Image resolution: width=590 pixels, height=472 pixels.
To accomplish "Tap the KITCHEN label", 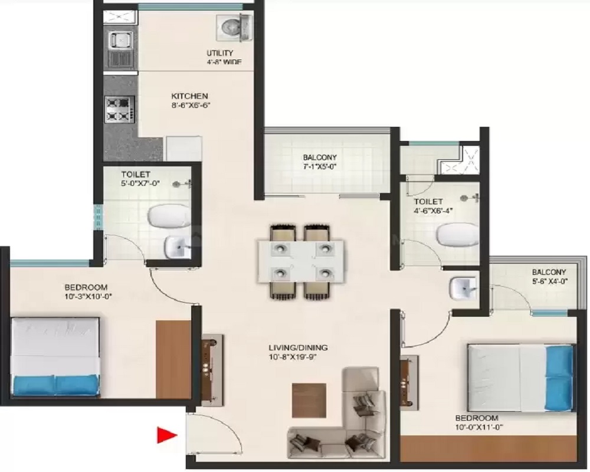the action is [189, 96].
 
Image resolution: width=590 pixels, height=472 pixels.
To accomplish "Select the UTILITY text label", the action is [219, 53].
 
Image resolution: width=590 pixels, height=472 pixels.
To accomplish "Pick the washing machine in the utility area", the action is [234, 28].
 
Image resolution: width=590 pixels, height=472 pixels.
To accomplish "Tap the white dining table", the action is [301, 261].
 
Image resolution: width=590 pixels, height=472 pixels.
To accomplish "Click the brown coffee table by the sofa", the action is [309, 400].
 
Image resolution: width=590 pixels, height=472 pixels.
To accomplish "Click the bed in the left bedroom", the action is [55, 356].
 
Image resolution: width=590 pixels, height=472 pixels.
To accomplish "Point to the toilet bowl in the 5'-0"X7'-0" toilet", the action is [170, 216].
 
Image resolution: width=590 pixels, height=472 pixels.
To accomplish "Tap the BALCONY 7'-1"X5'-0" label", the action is [320, 162].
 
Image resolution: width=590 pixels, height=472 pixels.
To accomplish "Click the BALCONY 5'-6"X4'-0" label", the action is [549, 277].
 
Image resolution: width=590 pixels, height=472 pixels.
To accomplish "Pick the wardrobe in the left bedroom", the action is [173, 359].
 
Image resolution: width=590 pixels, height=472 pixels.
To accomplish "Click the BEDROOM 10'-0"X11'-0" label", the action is [479, 422].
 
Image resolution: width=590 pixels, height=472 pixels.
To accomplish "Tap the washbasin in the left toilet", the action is [178, 247].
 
